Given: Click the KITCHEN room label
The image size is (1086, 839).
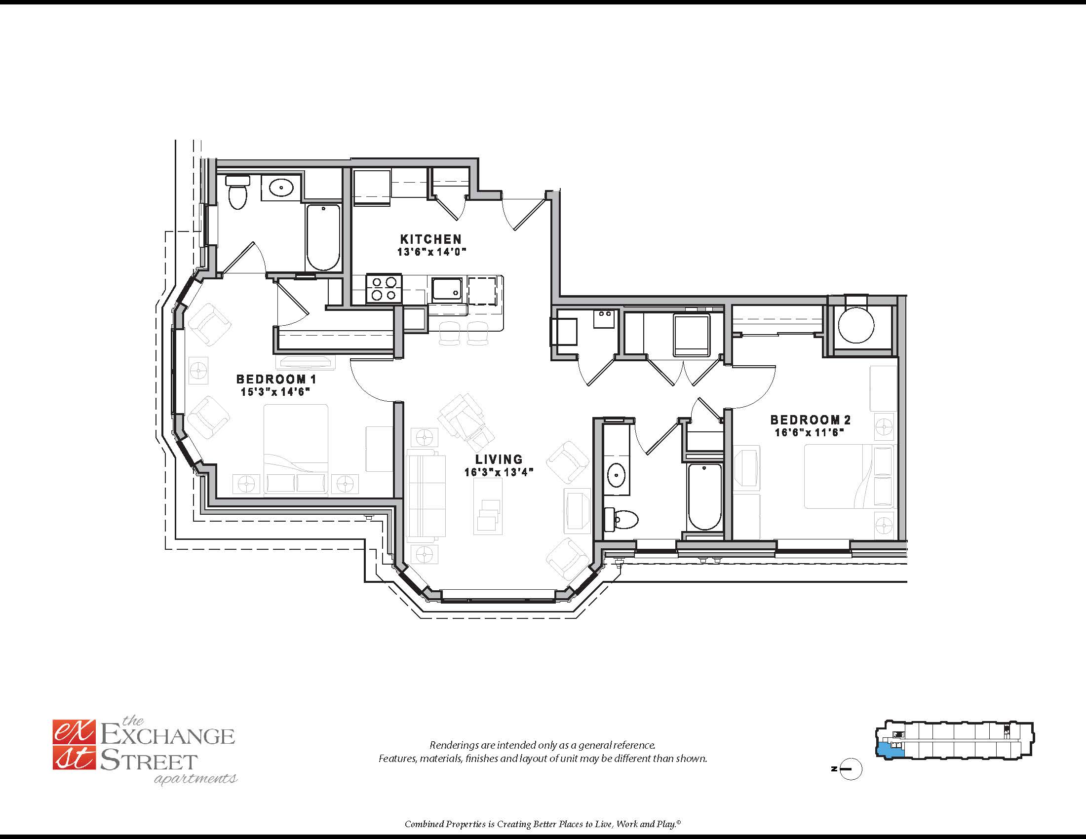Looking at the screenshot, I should [430, 239].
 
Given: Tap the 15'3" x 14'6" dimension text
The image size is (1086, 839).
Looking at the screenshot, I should [275, 392].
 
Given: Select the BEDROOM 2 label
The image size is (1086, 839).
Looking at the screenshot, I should [811, 420].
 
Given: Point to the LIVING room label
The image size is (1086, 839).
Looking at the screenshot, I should [499, 459].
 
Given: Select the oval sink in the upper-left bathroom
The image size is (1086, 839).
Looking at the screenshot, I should [282, 188].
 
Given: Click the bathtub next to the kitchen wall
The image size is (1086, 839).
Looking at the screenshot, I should [323, 236].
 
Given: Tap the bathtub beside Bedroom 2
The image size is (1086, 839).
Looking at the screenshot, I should [704, 496].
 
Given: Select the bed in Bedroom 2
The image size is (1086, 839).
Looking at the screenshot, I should [850, 477].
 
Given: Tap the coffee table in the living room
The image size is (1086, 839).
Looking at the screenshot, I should [488, 506].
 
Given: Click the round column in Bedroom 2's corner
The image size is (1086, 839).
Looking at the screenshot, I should [856, 326].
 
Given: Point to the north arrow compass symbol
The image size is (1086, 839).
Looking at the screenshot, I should [850, 769].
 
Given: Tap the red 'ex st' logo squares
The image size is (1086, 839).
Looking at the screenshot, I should [74, 745].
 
